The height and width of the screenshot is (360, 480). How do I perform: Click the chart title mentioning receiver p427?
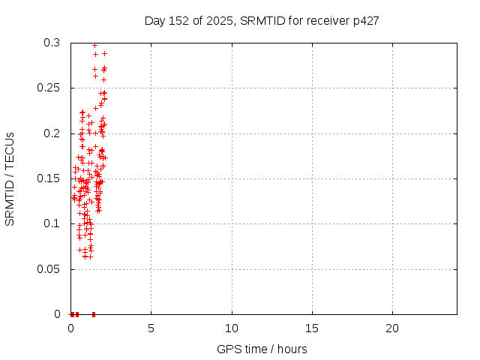(261, 20)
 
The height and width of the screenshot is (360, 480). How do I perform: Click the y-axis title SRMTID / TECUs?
(10, 178)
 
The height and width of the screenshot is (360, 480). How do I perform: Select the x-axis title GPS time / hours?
(262, 349)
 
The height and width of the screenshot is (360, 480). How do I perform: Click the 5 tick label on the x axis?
(151, 328)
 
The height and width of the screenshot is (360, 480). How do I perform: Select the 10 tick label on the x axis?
(232, 328)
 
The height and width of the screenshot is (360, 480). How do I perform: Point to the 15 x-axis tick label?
(312, 328)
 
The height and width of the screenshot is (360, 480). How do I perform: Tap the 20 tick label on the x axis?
(392, 328)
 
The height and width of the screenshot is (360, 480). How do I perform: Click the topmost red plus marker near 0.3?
(94, 45)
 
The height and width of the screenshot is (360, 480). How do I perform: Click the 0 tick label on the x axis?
(70, 328)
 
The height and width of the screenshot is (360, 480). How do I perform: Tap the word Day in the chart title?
(155, 20)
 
